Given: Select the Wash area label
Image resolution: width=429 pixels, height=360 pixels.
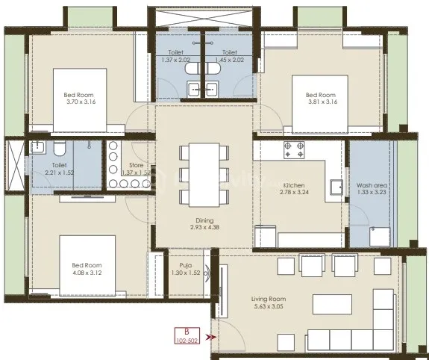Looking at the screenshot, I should pyautogui.click(x=370, y=189).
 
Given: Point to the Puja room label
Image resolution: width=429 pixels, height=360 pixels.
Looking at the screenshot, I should pyautogui.click(x=186, y=269).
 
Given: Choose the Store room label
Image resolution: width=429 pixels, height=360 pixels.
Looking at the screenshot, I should pyautogui.click(x=136, y=168).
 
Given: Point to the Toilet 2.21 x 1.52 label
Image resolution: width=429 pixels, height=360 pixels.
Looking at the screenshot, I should pyautogui.click(x=60, y=168).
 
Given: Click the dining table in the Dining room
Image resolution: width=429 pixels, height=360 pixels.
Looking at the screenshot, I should pyautogui.click(x=204, y=173).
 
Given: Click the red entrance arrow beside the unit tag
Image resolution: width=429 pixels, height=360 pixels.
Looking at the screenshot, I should pyautogui.click(x=212, y=338).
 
